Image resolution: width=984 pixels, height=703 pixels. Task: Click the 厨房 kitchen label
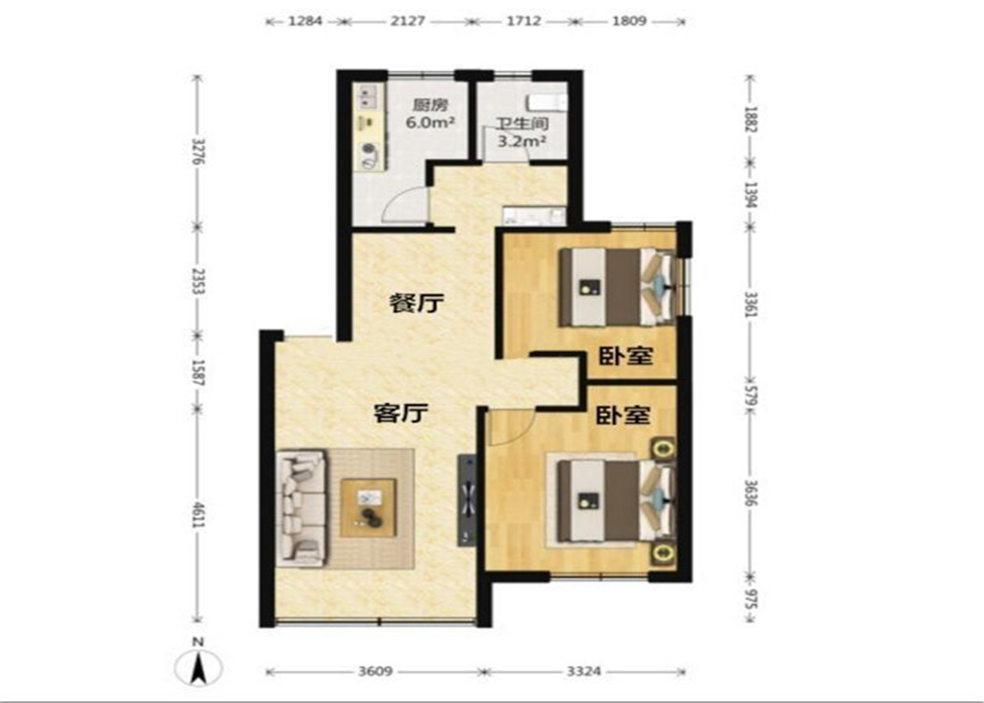coord(430,105)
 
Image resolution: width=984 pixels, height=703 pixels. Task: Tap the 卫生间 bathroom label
coord(523,124)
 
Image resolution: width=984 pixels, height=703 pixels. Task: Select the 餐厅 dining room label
coord(416,303)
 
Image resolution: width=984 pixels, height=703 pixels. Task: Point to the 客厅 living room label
coord(401,413)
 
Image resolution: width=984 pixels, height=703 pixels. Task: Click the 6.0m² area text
coord(430,122)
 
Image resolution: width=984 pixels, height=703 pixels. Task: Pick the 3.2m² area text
coord(522,141)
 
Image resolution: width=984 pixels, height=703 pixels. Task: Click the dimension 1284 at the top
coord(305,21)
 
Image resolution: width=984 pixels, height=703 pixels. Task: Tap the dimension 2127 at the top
coord(408,21)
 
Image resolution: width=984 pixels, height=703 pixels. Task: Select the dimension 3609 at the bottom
coord(375,671)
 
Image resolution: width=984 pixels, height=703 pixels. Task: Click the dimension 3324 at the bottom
coord(584,671)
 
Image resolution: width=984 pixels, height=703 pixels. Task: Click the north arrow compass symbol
coord(198,668)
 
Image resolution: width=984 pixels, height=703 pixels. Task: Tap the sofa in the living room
coord(302,507)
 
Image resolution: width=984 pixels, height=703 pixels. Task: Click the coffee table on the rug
coord(368,508)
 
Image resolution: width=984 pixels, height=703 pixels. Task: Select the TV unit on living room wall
coord(467,501)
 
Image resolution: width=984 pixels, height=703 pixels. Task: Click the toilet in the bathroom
coord(547,103)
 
